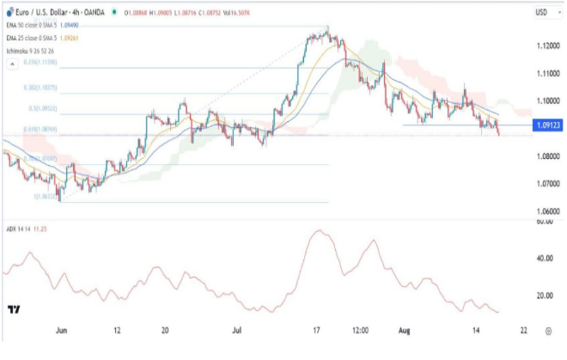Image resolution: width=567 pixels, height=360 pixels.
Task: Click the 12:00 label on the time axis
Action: coord(358,329)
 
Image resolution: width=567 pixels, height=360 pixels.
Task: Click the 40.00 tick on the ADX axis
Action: coord(542,258)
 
